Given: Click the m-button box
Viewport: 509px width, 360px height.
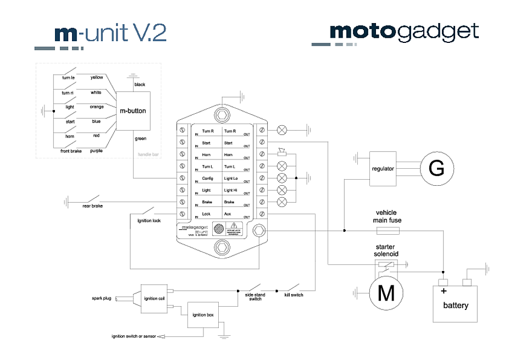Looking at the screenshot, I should pyautogui.click(x=133, y=111).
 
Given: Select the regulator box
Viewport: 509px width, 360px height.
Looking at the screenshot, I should pyautogui.click(x=383, y=169).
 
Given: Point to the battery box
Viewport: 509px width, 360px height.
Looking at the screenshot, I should pyautogui.click(x=456, y=304).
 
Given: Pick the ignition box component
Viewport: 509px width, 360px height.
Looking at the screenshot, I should pyautogui.click(x=203, y=315).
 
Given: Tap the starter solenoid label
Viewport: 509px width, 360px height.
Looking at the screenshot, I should pyautogui.click(x=387, y=251).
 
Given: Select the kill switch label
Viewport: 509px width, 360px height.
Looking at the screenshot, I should pyautogui.click(x=294, y=295).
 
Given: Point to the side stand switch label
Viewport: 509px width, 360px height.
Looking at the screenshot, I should pyautogui.click(x=255, y=297).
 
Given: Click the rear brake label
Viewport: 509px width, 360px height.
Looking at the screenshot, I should pyautogui.click(x=92, y=206).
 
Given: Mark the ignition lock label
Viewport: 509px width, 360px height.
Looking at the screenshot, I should pyautogui.click(x=148, y=221).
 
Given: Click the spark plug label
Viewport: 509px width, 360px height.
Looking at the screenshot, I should pyautogui.click(x=101, y=298).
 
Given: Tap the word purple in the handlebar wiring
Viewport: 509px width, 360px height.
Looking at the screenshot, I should pyautogui.click(x=96, y=150).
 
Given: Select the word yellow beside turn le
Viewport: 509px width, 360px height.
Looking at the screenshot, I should pyautogui.click(x=97, y=77).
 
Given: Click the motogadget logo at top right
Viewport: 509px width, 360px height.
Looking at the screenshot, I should pyautogui.click(x=404, y=32).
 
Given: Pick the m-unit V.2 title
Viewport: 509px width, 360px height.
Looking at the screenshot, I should pyautogui.click(x=110, y=33).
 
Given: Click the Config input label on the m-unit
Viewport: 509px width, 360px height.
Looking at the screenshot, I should pyautogui.click(x=207, y=179).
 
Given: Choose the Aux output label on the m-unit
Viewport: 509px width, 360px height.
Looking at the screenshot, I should pyautogui.click(x=228, y=213).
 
